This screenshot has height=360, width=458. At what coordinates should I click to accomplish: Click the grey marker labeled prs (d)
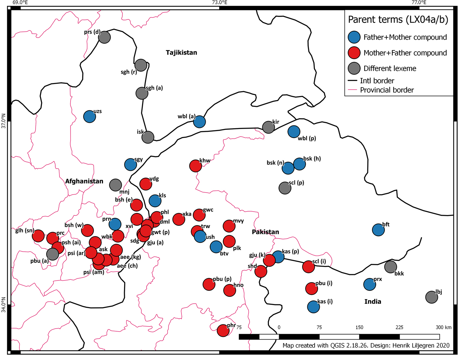(104, 37)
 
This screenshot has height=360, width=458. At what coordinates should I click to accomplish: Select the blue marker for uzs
(90, 117)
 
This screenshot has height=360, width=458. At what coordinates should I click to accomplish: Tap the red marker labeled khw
(196, 166)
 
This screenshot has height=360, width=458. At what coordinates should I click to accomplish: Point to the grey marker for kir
(268, 127)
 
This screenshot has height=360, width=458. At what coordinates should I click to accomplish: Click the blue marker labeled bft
(378, 230)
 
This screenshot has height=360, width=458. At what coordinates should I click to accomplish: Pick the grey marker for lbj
(431, 297)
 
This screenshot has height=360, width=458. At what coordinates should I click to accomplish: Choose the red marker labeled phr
(223, 330)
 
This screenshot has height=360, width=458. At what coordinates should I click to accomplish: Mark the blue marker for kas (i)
(314, 306)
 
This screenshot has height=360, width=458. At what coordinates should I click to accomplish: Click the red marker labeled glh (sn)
(38, 236)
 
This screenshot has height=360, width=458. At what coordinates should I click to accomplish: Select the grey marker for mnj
(115, 185)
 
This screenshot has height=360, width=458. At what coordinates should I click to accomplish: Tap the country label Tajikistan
(181, 53)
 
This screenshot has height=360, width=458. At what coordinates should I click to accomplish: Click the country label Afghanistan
(84, 181)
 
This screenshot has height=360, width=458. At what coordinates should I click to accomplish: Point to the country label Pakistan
(265, 232)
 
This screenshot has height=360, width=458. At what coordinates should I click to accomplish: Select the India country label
(373, 302)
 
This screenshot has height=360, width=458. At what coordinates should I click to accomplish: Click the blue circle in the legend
(354, 37)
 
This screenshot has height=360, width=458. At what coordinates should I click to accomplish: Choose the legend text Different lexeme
(390, 68)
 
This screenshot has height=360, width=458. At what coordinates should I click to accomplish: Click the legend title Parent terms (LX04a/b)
(398, 20)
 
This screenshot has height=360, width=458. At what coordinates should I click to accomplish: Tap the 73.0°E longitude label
(220, 3)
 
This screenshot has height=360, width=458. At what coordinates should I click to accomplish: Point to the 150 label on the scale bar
(359, 327)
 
